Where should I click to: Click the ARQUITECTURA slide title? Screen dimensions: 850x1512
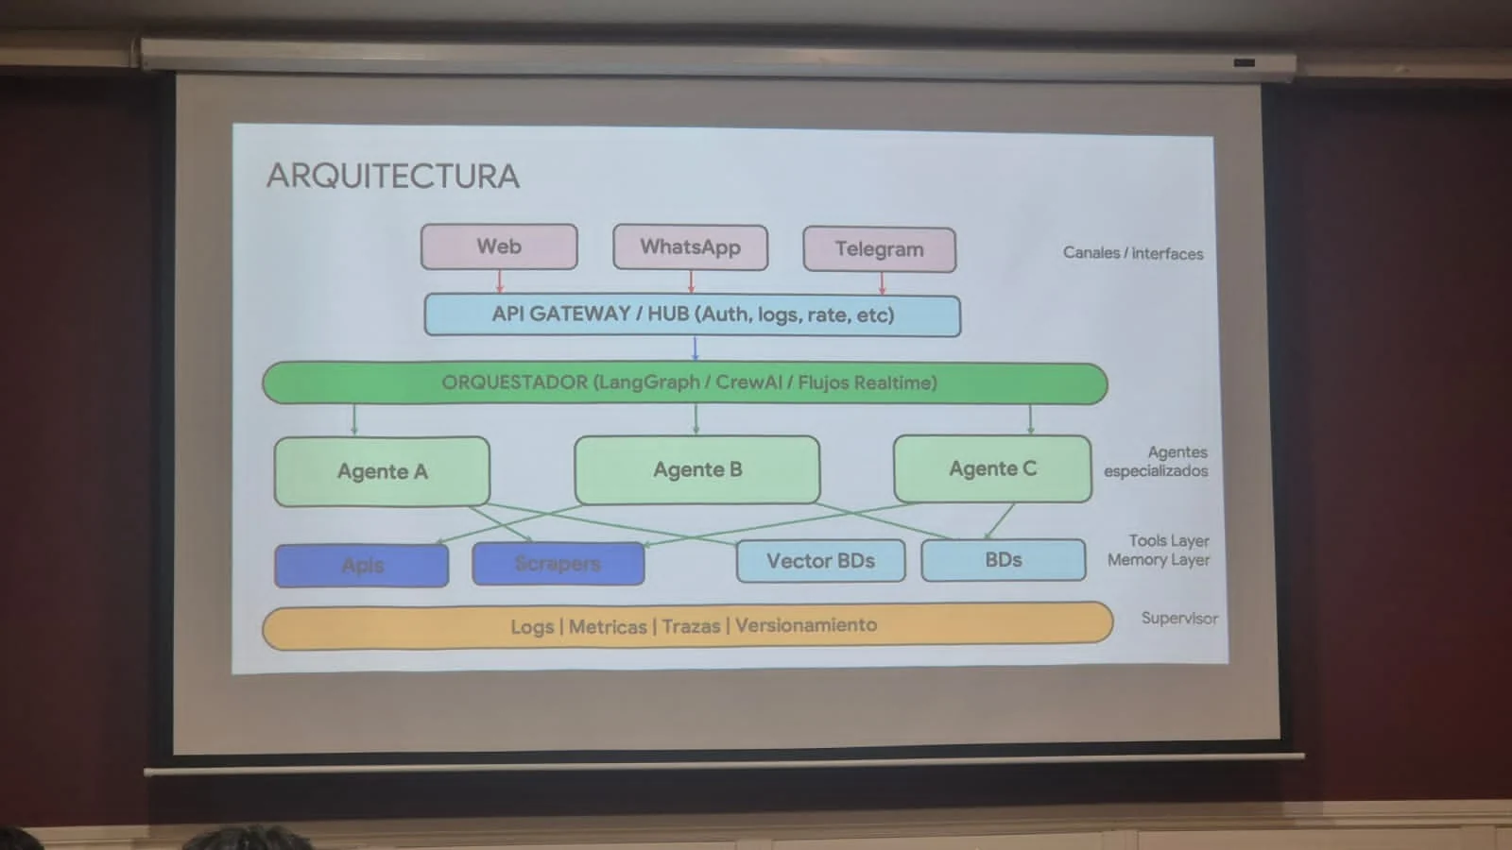(392, 176)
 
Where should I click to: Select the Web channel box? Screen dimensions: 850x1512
(499, 246)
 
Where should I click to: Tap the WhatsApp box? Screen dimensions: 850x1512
(690, 247)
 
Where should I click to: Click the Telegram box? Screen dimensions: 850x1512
(879, 249)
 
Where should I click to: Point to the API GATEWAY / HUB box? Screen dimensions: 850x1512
(692, 314)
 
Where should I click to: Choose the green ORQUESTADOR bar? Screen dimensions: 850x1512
(685, 383)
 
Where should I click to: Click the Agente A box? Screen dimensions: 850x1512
(382, 471)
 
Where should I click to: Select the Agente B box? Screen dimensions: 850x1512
(697, 469)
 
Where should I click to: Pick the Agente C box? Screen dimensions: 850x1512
(992, 468)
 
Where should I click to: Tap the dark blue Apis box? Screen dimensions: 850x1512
(362, 566)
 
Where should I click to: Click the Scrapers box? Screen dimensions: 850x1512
(558, 564)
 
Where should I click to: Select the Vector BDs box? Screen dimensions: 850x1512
(820, 561)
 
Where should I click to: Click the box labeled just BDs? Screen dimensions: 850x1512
(1003, 560)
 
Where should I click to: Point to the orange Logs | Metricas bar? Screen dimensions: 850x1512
(688, 626)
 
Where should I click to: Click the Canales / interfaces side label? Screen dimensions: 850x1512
(1132, 253)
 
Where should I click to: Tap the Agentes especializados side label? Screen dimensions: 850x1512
(1156, 462)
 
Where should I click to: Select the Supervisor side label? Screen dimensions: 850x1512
(1178, 619)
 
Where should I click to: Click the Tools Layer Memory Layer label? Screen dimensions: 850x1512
(1159, 551)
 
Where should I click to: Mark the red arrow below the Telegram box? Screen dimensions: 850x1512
(882, 283)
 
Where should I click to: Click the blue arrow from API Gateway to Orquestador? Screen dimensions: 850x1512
(695, 349)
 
